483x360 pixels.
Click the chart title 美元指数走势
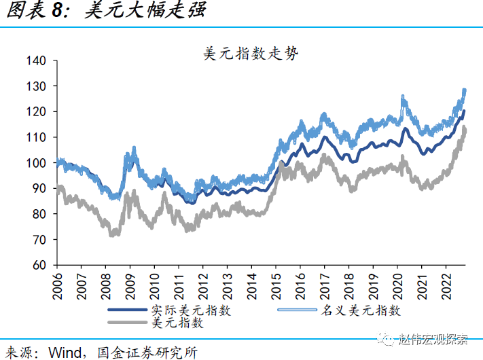[x=251, y=53]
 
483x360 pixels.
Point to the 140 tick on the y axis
[x=37, y=60]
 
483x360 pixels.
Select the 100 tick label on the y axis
[x=37, y=163]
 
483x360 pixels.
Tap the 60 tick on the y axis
[x=40, y=265]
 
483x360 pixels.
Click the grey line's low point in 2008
[x=113, y=234]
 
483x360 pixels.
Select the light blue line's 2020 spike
[x=403, y=98]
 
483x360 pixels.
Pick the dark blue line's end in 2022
[x=464, y=111]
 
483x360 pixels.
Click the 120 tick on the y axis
[x=37, y=111]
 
